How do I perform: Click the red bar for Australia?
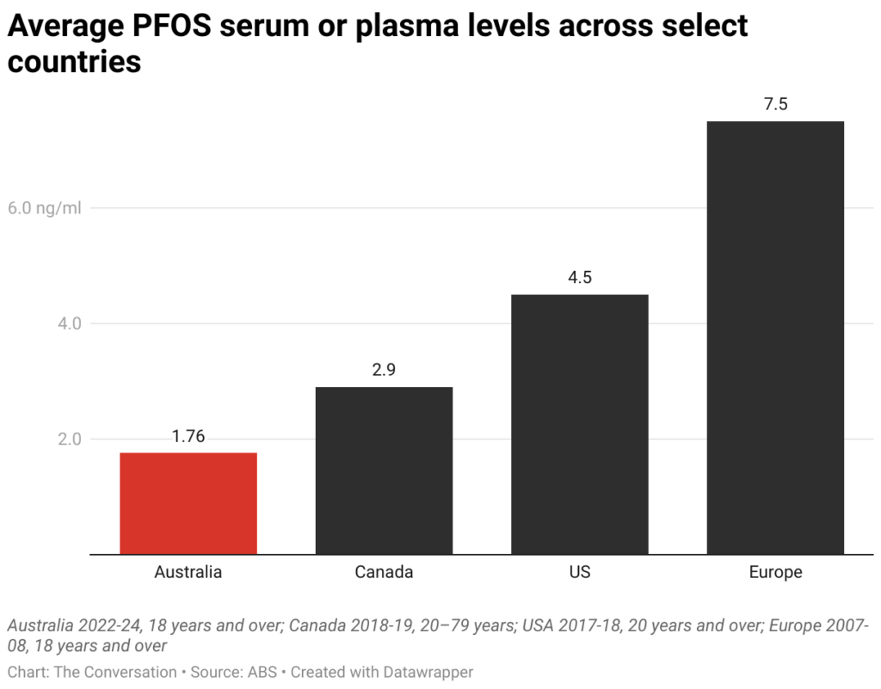coord(188,503)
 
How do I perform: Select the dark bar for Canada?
coord(384,471)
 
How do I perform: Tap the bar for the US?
coord(579,424)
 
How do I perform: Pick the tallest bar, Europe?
coord(775,337)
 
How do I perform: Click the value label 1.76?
coord(188,436)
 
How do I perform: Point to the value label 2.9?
coord(384,370)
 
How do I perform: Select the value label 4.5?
coord(579,278)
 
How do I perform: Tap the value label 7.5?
coord(775,105)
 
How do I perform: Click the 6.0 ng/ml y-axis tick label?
coord(44,208)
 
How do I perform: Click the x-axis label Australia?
coord(188,572)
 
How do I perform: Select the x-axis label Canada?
coord(384,572)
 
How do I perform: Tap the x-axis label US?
coord(579,572)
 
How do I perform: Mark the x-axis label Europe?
coord(775,572)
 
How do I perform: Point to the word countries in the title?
coord(74,62)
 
